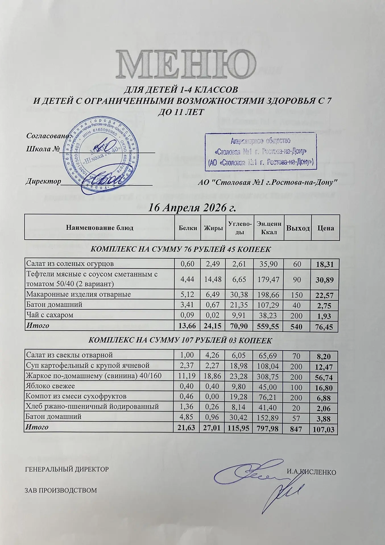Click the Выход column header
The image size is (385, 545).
coord(298,228)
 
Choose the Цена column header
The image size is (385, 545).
coord(326,228)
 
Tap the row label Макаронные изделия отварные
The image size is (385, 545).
coord(78,294)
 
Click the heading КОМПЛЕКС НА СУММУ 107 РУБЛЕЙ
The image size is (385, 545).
coord(180,340)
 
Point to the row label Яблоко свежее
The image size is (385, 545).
coord(50,386)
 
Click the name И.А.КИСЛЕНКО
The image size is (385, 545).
coord(311,472)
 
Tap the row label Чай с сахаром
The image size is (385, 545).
coord(50,315)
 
